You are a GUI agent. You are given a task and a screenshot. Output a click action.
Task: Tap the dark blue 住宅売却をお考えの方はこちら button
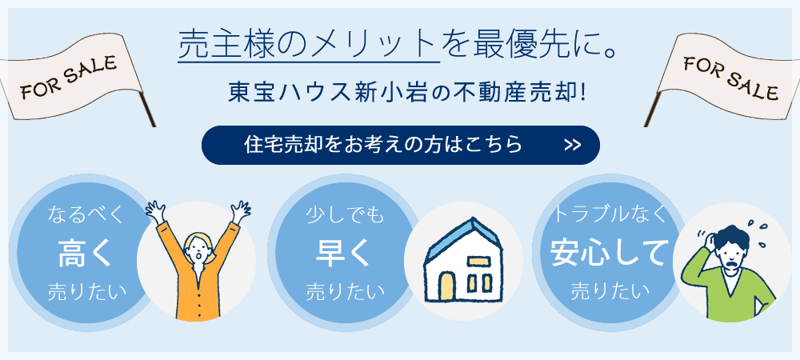coord(401,146)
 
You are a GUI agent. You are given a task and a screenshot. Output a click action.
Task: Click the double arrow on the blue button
coord(573,146)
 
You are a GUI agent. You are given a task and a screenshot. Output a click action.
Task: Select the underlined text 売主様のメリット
coord(309,44)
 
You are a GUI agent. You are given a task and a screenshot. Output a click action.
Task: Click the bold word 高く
coord(85,254)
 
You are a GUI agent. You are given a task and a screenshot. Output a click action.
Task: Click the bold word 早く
coord(343,253)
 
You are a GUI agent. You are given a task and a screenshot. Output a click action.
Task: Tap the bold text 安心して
coord(609,253)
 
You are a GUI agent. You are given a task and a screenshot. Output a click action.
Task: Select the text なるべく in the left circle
coord(86,215)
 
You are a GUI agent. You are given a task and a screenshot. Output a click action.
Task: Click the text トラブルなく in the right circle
coord(610,214)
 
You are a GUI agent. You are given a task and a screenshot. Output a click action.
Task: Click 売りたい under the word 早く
coord(344,292)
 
